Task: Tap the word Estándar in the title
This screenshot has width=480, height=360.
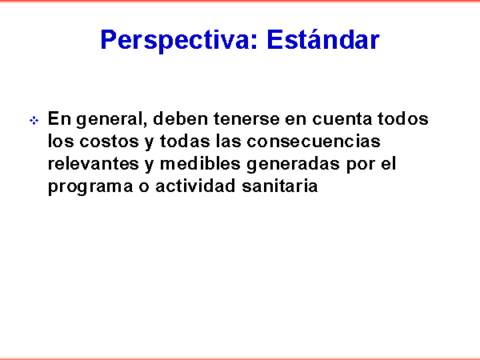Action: pos(323,39)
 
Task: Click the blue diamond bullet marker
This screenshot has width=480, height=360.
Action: pos(34,120)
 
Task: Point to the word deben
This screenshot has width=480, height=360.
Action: pos(180,118)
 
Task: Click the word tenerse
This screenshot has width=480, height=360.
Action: pos(246,118)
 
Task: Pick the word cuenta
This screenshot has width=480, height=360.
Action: pos(342,119)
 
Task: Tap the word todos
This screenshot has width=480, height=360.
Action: pos(402,118)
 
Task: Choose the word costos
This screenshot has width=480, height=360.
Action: pos(110,142)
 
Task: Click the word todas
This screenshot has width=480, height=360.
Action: pos(185,141)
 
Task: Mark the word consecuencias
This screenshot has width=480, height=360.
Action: pos(314,141)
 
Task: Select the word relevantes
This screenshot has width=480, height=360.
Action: pos(94,163)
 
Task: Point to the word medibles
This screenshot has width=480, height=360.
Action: pos(200,163)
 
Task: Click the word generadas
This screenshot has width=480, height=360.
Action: pos(294,164)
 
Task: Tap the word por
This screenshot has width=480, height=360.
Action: pos(361,166)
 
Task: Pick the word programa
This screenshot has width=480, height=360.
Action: pos(90,187)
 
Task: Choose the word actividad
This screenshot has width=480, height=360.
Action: pos(196,186)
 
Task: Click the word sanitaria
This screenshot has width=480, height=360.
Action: pos(280,186)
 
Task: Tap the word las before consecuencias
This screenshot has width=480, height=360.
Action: pos(228,141)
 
